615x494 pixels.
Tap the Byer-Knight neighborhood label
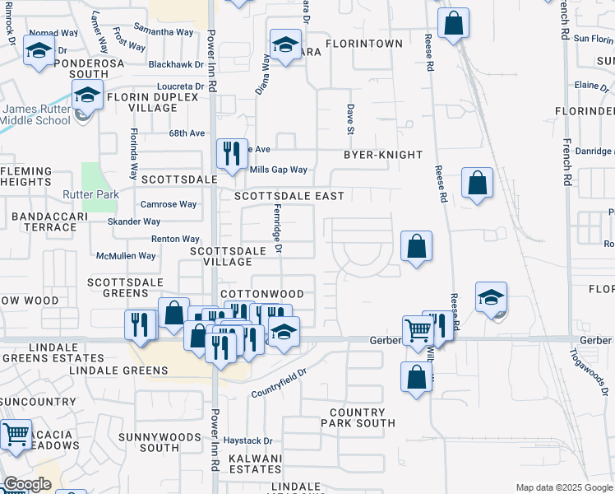382,155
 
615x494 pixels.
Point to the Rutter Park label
91,195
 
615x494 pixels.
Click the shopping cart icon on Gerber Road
418,331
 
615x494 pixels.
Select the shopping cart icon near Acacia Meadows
16,435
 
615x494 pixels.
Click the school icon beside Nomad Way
38,51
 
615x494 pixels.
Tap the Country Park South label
357,417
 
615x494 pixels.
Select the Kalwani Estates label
255,464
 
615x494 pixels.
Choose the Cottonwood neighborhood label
262,294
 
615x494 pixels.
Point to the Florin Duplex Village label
152,102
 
